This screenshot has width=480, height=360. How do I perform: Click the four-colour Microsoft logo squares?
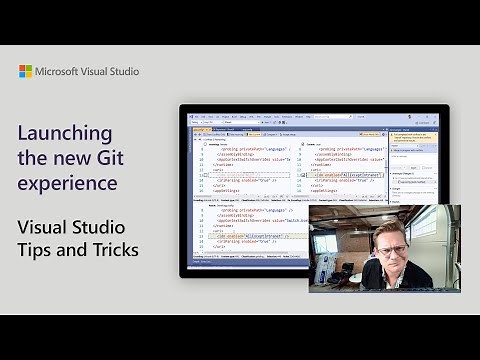click(25, 71)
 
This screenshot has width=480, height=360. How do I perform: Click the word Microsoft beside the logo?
click(61, 71)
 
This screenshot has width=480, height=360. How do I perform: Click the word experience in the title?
click(66, 184)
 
